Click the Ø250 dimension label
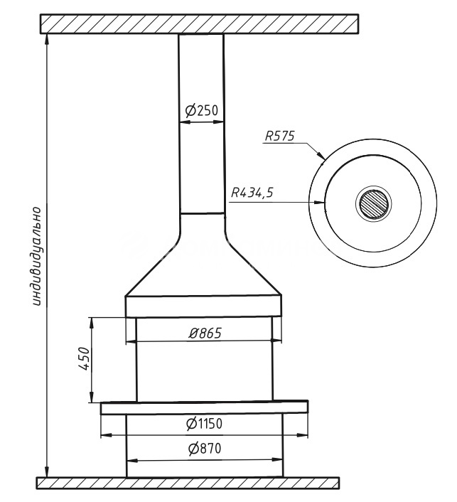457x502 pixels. [x=202, y=110]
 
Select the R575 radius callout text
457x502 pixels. [x=280, y=137]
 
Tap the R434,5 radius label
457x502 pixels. [x=252, y=193]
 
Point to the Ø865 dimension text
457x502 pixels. [x=205, y=333]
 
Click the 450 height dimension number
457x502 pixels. [x=84, y=358]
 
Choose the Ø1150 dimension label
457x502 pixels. [x=204, y=424]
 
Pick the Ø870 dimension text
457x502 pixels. [x=205, y=449]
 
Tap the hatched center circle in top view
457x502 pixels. [x=374, y=204]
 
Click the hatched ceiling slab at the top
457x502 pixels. [x=199, y=23]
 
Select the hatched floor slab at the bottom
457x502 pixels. [x=188, y=483]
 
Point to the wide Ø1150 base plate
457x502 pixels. [x=205, y=407]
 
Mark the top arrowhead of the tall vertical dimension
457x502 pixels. [x=48, y=39]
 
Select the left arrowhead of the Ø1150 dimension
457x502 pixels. [x=107, y=435]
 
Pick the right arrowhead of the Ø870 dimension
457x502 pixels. [x=277, y=460]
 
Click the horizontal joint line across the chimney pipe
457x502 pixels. [x=202, y=213]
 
